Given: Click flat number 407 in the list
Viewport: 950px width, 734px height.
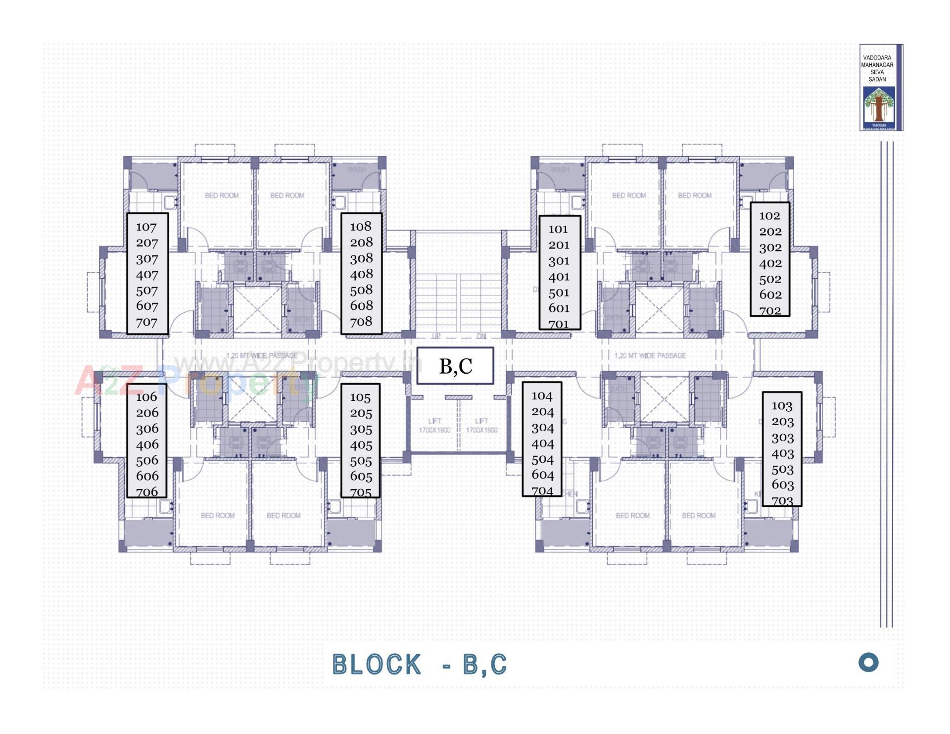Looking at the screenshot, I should (147, 275).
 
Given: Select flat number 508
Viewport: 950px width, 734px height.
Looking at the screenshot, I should (361, 290).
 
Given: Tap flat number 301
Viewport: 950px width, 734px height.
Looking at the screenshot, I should (559, 261).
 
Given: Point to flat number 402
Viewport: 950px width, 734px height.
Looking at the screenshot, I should (770, 263).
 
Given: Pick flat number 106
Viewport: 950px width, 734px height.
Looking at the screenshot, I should (146, 397).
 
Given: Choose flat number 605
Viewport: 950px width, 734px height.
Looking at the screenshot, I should (361, 477).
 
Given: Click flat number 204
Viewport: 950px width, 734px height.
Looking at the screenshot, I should (542, 412).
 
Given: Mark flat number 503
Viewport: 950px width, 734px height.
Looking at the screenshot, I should (782, 469).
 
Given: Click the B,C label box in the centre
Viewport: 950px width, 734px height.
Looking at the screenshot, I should (455, 366).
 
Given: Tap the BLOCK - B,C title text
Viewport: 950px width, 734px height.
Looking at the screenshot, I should (420, 664).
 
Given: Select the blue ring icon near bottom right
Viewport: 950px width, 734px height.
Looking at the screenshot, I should (868, 662).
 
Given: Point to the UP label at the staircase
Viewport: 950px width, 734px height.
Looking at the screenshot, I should (436, 336).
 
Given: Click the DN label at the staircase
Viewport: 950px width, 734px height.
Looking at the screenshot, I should (481, 336).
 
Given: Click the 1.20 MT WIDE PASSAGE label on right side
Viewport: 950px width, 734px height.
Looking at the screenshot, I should (650, 355).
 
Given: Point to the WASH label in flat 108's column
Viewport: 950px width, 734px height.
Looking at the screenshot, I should (356, 169).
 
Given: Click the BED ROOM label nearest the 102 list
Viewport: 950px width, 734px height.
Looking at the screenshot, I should (695, 196).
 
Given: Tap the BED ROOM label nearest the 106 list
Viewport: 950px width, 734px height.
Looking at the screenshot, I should (218, 515).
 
